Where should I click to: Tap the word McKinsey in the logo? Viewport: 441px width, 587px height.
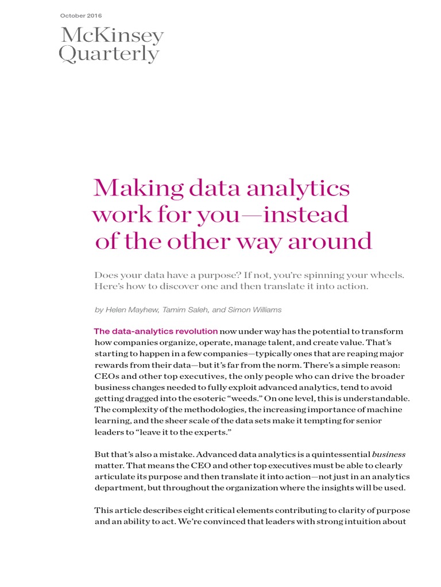pos(112,36)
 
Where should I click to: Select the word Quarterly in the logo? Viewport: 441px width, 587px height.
pos(109,54)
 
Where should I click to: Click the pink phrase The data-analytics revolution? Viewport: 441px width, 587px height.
pos(156,331)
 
